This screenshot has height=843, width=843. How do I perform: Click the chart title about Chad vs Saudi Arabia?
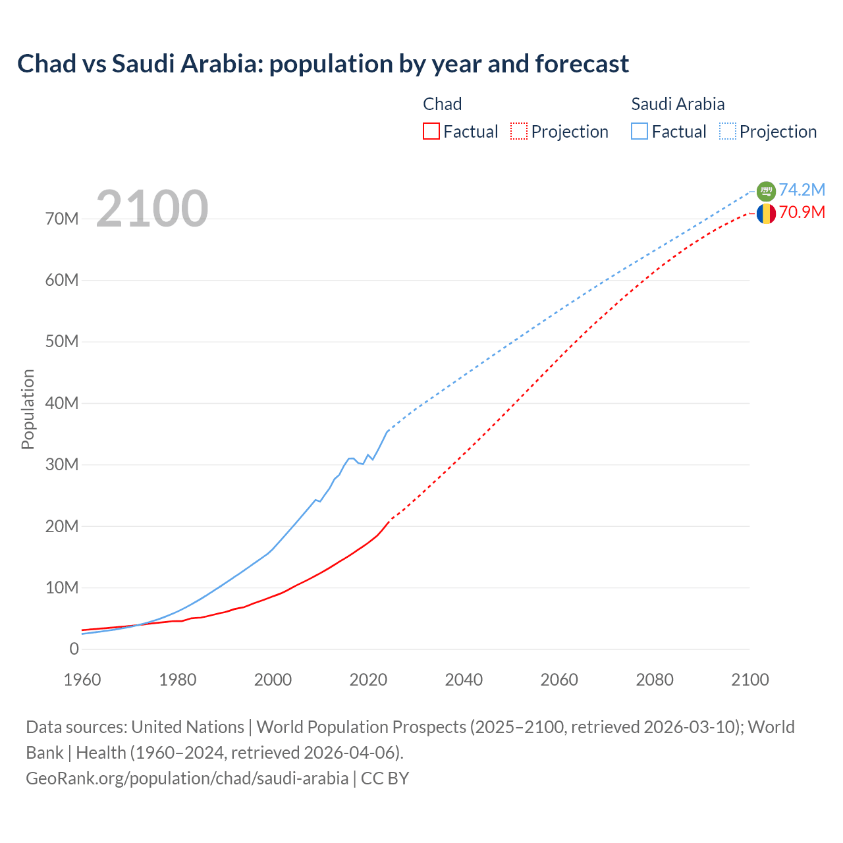point(323,64)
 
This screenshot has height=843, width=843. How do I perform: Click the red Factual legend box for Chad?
point(431,131)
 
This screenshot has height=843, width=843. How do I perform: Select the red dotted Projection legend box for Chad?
point(519,131)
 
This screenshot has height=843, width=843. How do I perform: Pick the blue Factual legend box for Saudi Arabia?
point(639,131)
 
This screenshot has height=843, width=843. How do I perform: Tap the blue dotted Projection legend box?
point(728,131)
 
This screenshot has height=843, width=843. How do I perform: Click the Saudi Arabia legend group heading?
point(678,104)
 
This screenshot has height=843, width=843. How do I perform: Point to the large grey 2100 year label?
point(152,209)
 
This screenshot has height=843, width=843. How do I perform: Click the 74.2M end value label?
point(802,190)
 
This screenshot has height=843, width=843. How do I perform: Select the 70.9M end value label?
point(802,212)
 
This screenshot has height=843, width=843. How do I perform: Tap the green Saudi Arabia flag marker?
point(766,191)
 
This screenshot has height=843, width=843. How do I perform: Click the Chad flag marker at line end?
point(766,213)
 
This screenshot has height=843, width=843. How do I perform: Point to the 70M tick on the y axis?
point(62,219)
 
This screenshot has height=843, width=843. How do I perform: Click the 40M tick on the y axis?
point(62,403)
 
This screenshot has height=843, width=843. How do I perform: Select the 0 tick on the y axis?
point(74,649)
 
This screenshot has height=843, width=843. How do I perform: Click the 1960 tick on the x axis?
point(82,680)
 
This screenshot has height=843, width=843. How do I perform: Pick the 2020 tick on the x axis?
point(368,680)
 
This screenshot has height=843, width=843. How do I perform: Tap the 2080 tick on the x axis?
point(655,680)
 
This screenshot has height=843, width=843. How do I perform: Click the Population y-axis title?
point(28,409)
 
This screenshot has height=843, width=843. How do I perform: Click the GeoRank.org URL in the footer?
point(187,778)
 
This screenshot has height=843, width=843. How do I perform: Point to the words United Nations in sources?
point(188,727)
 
